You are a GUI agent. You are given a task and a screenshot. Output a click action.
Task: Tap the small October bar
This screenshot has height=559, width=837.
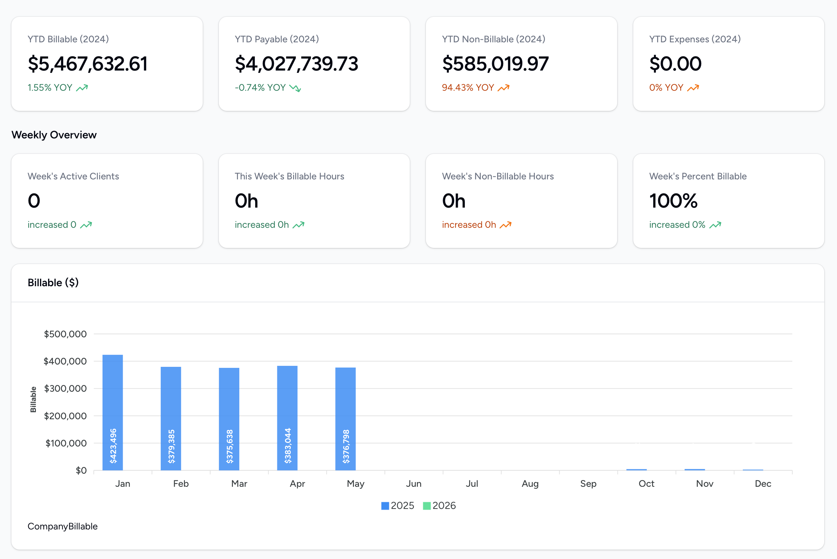[636, 470]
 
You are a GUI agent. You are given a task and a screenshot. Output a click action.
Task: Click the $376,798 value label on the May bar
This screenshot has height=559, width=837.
[346, 446]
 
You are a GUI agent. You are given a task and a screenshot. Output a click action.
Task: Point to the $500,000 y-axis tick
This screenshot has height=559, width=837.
[65, 334]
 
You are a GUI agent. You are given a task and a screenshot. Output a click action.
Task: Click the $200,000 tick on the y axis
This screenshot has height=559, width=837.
[65, 416]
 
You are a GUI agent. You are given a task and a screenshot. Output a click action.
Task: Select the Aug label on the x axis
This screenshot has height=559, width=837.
[530, 484]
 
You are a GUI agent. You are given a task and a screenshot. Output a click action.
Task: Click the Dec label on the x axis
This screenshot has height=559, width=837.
[763, 484]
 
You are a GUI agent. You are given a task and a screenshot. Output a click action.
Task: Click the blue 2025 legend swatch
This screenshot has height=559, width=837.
[385, 506]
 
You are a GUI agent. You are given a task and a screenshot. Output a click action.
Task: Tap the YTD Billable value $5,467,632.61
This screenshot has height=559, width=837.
[88, 64]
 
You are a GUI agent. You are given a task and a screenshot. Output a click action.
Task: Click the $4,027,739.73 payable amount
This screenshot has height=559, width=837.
[296, 64]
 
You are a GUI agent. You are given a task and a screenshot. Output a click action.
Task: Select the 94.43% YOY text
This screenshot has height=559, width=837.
[468, 88]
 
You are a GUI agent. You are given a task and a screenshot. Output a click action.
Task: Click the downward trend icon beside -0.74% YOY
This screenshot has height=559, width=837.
[295, 88]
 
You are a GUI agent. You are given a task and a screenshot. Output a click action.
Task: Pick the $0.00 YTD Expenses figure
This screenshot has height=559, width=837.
[675, 64]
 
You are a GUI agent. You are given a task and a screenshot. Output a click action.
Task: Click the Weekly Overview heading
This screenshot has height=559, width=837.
[54, 135]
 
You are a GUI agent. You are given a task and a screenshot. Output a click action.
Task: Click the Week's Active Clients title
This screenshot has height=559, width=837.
[73, 176]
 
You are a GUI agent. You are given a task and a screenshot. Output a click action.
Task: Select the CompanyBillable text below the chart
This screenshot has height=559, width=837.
[63, 526]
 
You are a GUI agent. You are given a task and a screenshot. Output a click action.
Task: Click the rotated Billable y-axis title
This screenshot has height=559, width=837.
[33, 399]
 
